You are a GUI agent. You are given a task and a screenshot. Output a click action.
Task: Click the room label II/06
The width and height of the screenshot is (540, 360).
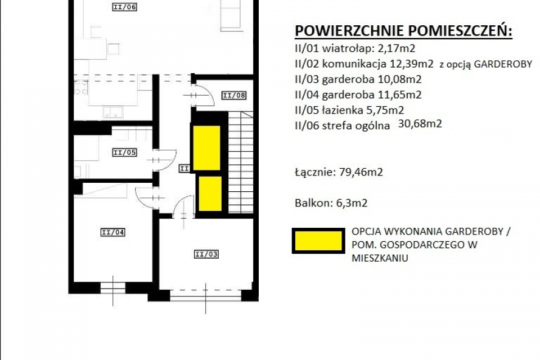[125, 7]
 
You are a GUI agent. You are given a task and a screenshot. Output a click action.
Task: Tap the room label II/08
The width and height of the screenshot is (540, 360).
[234, 96]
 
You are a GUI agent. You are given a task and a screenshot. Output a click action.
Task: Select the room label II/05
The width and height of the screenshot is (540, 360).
[125, 152]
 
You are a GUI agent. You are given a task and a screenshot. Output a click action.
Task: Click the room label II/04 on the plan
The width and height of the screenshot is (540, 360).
[113, 232]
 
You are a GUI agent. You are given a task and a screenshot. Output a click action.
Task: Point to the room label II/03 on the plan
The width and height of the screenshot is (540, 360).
[206, 254]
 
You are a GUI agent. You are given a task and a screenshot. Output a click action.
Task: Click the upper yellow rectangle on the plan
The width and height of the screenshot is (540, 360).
[206, 148]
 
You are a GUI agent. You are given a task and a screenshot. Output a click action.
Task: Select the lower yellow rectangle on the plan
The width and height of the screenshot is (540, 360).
[210, 193]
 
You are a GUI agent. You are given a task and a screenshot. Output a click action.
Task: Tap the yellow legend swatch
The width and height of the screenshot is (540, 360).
[318, 241]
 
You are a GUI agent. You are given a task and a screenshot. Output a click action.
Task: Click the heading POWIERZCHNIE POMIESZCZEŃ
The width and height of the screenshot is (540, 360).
[404, 31]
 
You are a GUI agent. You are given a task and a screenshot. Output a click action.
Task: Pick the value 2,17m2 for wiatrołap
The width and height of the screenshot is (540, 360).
[397, 48]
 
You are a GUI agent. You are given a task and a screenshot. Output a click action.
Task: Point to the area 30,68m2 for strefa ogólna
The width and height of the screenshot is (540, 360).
[420, 123]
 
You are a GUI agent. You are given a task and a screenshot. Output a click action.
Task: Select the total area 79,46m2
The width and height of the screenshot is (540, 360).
[361, 172]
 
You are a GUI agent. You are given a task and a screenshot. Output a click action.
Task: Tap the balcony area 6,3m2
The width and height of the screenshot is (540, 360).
[352, 202]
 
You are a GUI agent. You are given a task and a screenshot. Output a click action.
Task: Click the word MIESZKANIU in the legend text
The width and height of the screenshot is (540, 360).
[380, 258]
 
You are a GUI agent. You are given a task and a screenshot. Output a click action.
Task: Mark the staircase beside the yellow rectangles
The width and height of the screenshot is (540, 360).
[241, 162]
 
